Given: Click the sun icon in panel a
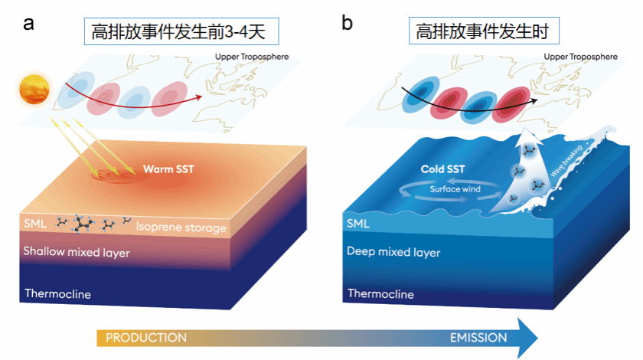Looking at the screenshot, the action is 34,90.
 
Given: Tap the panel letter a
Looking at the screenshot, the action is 28,24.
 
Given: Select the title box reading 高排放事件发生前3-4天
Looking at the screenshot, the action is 181,31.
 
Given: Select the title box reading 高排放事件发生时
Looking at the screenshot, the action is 484,31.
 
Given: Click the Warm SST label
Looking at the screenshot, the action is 168,169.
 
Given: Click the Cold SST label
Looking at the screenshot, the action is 443,169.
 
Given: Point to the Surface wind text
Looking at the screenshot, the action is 455,189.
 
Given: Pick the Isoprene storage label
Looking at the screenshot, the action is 181,227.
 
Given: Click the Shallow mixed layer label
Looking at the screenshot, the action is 77,252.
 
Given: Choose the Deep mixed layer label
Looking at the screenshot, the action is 393,252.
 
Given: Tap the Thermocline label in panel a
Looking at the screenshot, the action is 58,294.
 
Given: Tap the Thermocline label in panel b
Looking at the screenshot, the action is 380,294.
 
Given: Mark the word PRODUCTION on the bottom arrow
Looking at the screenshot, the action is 146,338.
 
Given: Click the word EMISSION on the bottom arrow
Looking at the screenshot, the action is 478,338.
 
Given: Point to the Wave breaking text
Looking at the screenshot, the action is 566,162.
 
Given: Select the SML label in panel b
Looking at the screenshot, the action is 358,224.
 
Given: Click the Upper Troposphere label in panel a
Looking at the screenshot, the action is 252,57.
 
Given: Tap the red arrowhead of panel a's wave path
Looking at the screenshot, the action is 199,97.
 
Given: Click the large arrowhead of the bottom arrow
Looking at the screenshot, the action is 527,338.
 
